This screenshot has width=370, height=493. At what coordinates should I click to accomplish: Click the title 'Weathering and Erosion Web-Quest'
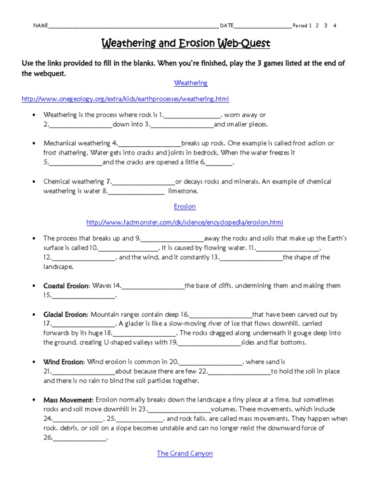click(185, 44)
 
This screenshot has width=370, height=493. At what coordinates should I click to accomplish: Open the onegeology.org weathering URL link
click(125, 99)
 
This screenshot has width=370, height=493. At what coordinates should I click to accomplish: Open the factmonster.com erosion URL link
click(185, 222)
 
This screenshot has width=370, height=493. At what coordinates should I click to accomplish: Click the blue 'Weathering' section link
click(191, 83)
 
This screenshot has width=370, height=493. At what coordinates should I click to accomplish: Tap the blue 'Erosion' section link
click(185, 206)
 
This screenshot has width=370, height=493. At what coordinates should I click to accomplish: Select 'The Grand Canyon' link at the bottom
click(185, 454)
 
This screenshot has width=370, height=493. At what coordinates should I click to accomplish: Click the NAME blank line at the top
click(132, 26)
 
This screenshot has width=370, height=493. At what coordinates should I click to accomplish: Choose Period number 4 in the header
click(334, 26)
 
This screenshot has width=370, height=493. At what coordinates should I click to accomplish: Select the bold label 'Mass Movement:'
click(68, 400)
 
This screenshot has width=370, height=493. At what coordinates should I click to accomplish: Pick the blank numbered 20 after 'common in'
click(211, 362)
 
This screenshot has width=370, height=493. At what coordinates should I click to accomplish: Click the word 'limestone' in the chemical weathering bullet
click(183, 191)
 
